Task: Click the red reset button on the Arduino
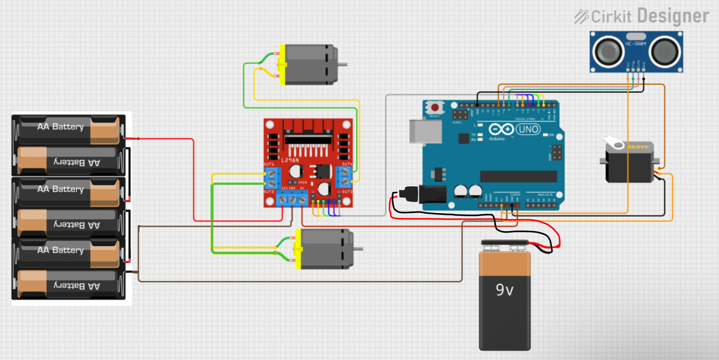(435, 108)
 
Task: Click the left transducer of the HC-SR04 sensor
(608, 52)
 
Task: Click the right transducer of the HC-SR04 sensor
(665, 52)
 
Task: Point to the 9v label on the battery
(505, 290)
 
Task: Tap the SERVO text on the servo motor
(638, 147)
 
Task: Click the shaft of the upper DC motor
(342, 64)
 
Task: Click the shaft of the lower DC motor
(358, 248)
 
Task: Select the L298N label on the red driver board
(290, 160)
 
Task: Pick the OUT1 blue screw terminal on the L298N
(272, 178)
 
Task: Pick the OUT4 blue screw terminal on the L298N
(345, 176)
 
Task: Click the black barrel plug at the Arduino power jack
(410, 194)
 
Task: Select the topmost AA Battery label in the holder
(60, 127)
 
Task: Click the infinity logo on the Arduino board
(501, 129)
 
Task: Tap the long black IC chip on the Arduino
(518, 176)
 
